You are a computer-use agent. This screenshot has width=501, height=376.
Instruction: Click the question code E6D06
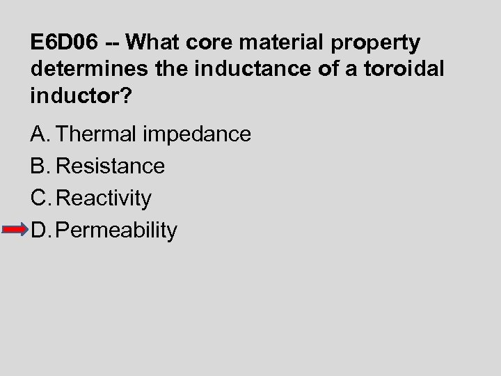(x=65, y=43)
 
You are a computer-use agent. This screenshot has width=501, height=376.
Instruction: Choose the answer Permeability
(x=117, y=230)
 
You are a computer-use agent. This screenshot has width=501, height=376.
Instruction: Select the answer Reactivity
(x=104, y=198)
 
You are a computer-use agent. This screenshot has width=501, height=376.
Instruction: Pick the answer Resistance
(x=110, y=166)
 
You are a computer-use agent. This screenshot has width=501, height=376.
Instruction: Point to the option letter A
(x=38, y=134)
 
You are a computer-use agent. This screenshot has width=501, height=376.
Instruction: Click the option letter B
(x=38, y=166)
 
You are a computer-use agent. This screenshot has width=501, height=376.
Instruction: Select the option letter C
(x=39, y=198)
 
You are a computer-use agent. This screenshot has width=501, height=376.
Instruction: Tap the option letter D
(x=39, y=230)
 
